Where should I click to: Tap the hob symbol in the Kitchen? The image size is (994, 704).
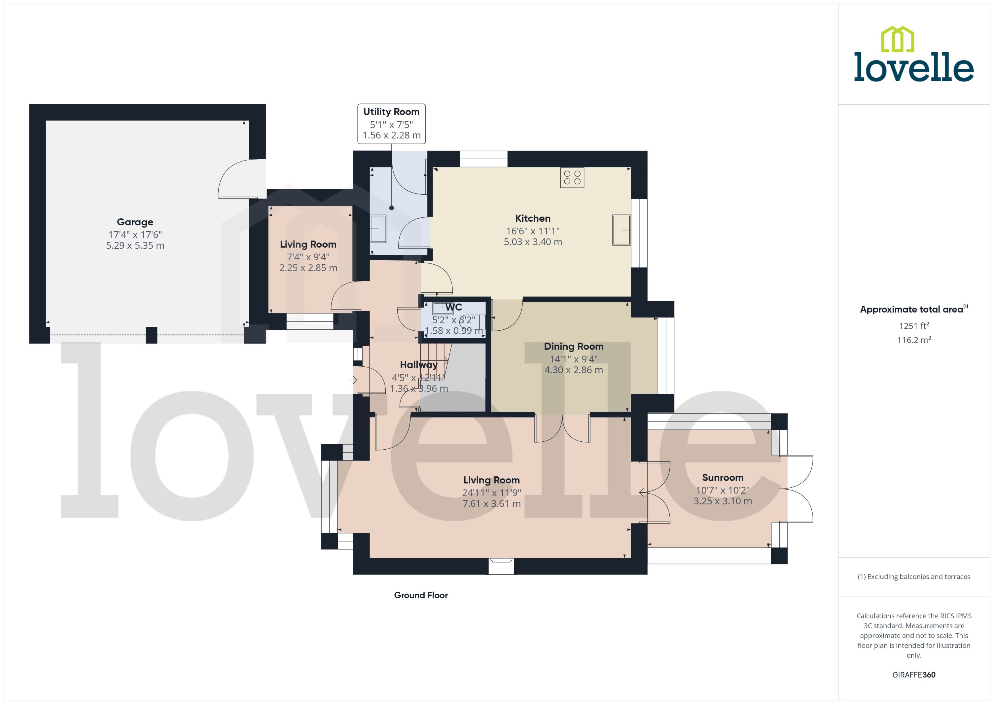[x=572, y=177]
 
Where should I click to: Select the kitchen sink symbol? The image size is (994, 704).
[x=621, y=230]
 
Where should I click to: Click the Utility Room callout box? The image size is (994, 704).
[x=391, y=124]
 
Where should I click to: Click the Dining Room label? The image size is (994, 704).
[x=573, y=346]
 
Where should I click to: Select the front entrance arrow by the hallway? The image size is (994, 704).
[x=353, y=380]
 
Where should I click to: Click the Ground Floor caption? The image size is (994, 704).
[x=421, y=595]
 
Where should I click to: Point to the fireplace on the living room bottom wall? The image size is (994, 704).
[x=501, y=566]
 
